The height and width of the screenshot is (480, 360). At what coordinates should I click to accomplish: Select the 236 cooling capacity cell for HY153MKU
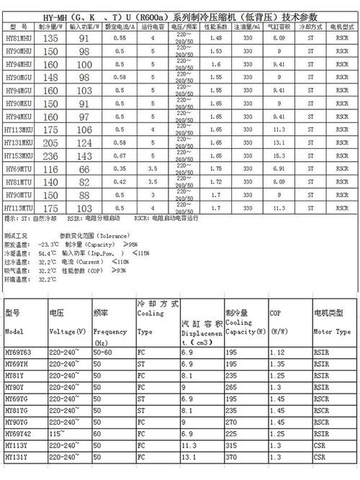click(x=50, y=155)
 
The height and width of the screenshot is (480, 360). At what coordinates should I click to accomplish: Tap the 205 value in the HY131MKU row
click(x=50, y=143)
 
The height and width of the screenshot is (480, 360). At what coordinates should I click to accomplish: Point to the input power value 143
click(x=85, y=155)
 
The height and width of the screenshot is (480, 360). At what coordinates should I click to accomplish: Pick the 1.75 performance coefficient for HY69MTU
click(x=215, y=168)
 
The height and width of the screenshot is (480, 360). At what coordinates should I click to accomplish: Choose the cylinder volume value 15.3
click(x=278, y=155)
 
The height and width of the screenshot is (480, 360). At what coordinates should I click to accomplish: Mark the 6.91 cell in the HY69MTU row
click(x=278, y=168)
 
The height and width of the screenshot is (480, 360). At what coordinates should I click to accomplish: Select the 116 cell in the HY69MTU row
click(x=50, y=168)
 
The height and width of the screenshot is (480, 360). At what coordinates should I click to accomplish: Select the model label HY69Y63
click(x=19, y=353)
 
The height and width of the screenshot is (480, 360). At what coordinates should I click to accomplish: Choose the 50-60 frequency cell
click(x=104, y=353)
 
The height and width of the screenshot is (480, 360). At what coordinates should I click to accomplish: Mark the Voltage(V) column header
click(x=68, y=332)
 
